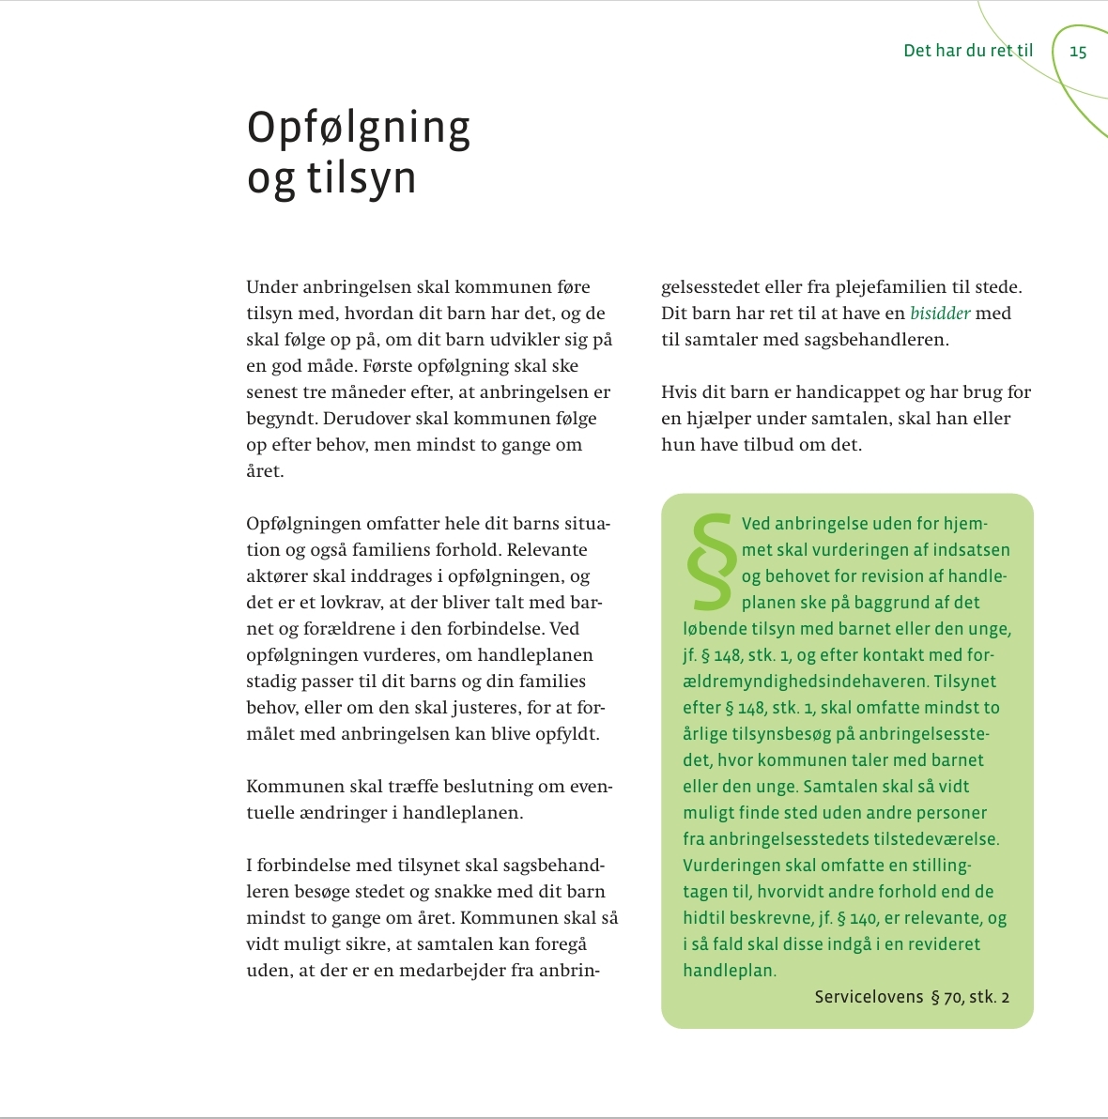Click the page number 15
point(1078,52)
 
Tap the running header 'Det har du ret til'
point(967,51)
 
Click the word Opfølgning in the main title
point(358,129)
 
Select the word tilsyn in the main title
point(361,178)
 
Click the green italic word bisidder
point(940,314)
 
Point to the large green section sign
point(711,560)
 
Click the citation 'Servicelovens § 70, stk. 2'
point(912,997)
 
